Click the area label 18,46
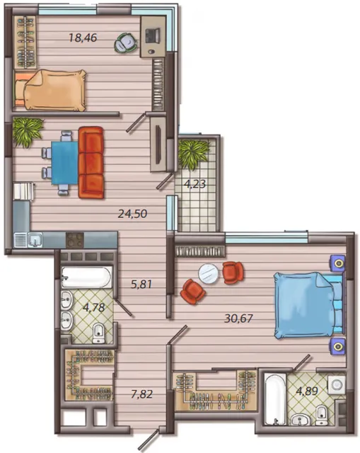[x=83, y=38]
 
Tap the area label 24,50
[x=132, y=214]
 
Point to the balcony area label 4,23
[x=195, y=184]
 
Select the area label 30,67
[x=238, y=319]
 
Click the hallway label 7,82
[x=141, y=394]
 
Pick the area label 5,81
[x=141, y=285]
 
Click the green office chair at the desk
[x=126, y=43]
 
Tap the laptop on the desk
[x=153, y=35]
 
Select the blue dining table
[x=64, y=163]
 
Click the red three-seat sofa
[x=91, y=162]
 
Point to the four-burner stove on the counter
[x=75, y=240]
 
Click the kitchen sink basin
[x=35, y=240]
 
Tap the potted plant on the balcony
[x=193, y=155]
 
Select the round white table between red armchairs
[x=208, y=273]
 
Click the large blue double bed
[x=309, y=305]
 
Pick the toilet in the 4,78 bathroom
[x=99, y=333]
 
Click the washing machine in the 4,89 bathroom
[x=337, y=385]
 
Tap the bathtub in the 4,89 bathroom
[x=275, y=399]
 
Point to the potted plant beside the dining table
[x=27, y=132]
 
